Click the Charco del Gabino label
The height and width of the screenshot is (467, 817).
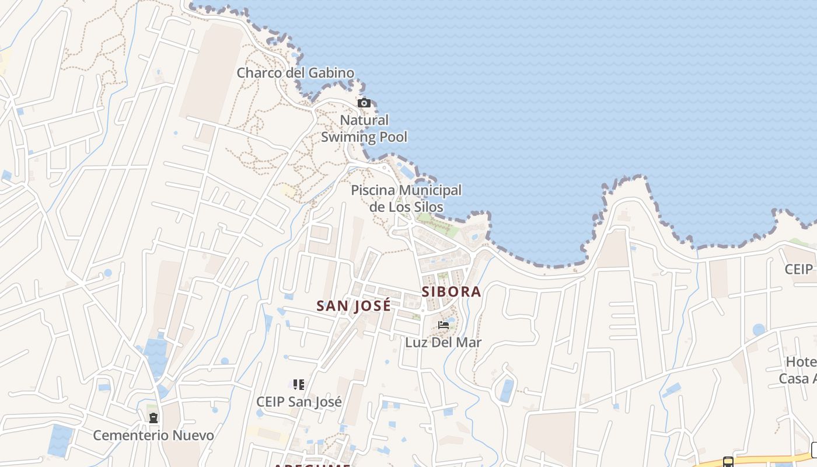coord(295,73)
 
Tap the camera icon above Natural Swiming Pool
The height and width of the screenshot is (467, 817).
coord(364,103)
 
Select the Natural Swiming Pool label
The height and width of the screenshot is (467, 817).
coord(364,128)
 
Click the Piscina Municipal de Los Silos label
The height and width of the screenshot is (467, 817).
coord(406,198)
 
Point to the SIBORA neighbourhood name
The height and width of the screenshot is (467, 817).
coord(452,292)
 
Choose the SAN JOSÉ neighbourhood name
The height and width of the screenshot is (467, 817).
coord(354,306)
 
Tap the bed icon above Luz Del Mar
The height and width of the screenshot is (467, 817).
coord(444,325)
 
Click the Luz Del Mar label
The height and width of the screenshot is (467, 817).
coord(444,343)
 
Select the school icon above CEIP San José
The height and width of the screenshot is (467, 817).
coord(299,385)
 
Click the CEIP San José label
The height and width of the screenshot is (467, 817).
coord(299,402)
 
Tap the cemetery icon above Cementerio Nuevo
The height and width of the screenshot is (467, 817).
coord(153,418)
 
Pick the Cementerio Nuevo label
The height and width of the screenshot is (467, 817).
coord(153,435)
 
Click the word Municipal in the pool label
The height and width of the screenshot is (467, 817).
coord(430,190)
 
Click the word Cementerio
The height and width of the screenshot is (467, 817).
coord(131,435)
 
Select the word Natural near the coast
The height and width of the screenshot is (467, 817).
coord(364,120)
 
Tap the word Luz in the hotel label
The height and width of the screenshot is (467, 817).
coord(416,343)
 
